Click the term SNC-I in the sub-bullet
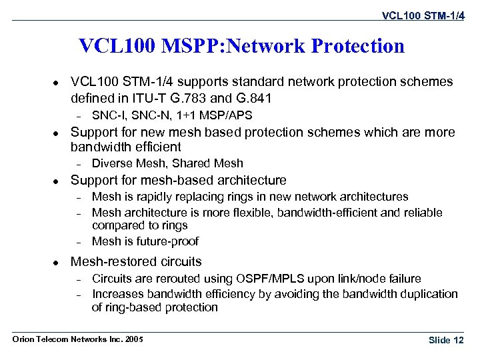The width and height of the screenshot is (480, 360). pyautogui.click(x=106, y=115)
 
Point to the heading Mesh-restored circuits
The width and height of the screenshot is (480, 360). pyautogui.click(x=136, y=262)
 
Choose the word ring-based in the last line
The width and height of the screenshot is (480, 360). pyautogui.click(x=135, y=307)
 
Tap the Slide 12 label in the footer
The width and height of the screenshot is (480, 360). pyautogui.click(x=446, y=340)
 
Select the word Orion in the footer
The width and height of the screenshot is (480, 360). pyautogui.click(x=24, y=339)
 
